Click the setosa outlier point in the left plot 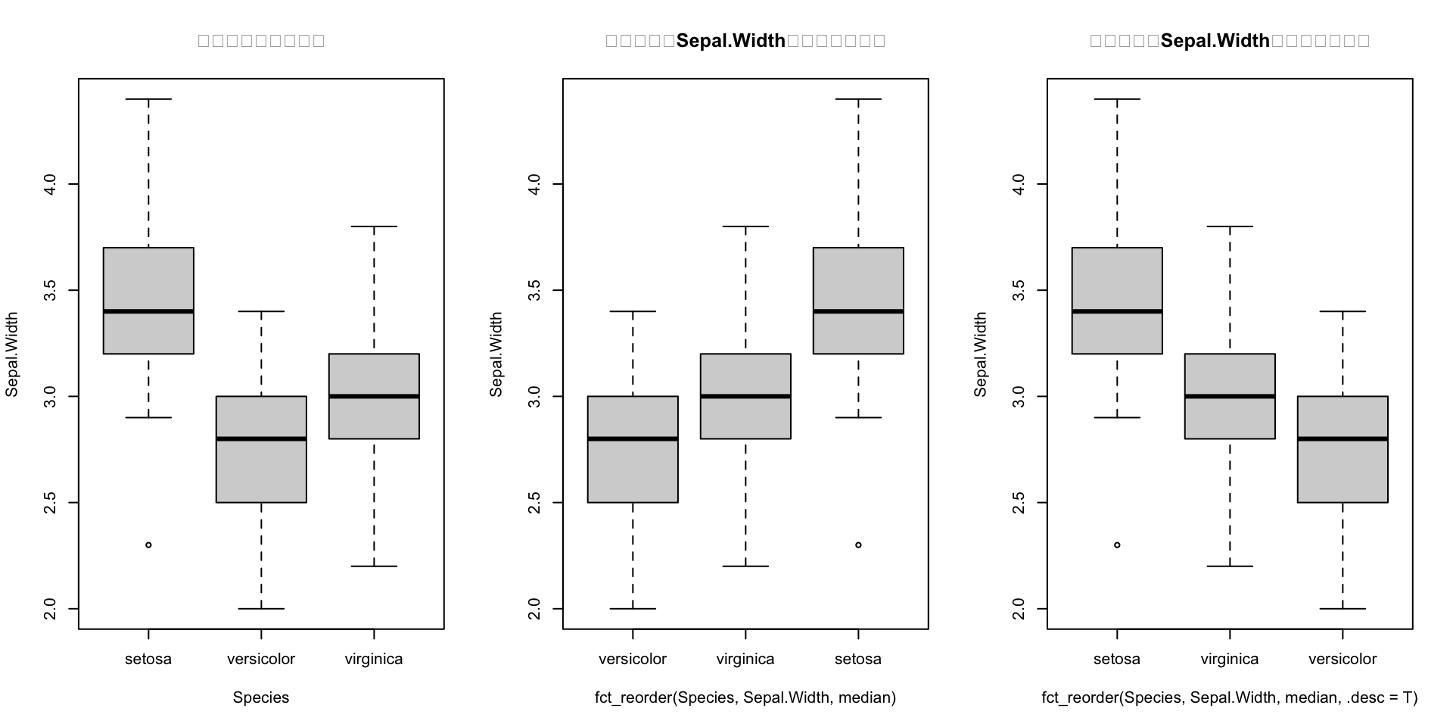148,545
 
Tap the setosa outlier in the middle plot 858,545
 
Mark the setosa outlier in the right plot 1117,545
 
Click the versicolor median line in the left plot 261,438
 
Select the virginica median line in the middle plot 745,396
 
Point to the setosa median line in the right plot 1117,311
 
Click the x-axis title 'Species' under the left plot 261,697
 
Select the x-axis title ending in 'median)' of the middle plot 745,697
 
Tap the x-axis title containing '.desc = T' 1230,697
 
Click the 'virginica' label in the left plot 374,659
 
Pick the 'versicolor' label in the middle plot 633,659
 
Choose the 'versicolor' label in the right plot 1343,659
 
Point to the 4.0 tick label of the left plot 49,184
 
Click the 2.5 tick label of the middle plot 534,502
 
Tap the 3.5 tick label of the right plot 1018,290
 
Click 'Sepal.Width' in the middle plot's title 731,41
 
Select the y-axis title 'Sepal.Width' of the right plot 981,354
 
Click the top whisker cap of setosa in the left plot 148,99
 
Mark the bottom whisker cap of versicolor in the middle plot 633,608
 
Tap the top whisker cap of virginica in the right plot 1230,226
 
